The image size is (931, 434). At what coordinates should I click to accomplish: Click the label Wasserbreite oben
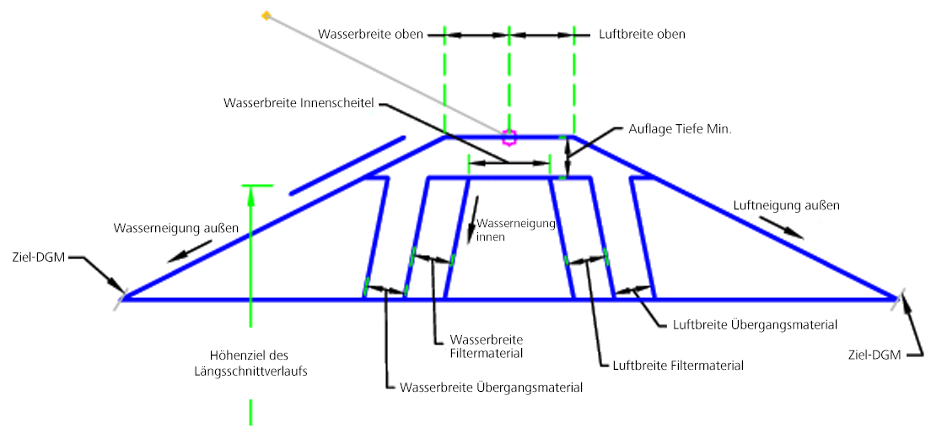(370, 35)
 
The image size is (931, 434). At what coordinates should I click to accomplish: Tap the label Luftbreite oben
(639, 35)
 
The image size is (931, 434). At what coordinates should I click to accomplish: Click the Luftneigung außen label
(787, 206)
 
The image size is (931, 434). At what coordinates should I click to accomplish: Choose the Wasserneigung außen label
(176, 228)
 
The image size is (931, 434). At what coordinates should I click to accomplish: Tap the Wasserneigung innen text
(514, 230)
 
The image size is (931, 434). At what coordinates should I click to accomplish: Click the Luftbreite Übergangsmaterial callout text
(756, 325)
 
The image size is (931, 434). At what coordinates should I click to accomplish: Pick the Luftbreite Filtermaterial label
(678, 365)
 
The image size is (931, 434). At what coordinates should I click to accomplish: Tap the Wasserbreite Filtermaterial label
(487, 346)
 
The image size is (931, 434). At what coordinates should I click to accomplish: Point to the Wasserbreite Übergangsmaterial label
(492, 388)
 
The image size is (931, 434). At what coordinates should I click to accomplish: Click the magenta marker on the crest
(509, 138)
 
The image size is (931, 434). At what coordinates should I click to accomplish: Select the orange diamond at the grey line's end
(266, 15)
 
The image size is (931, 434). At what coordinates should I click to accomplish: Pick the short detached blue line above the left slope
(347, 165)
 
